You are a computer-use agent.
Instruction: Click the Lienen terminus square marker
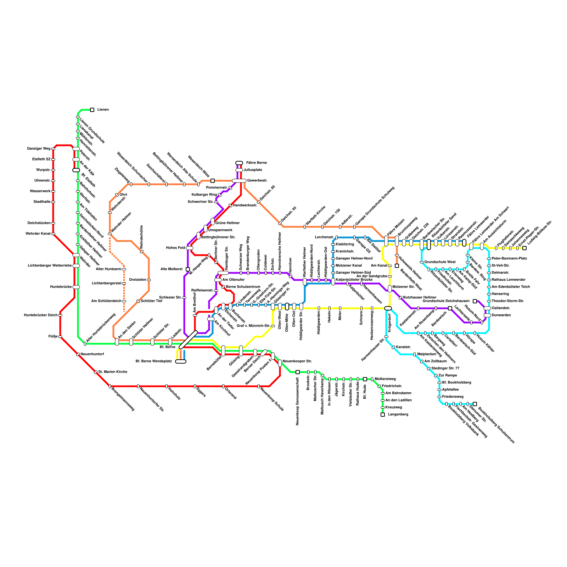92,110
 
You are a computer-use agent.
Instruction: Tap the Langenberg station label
398,414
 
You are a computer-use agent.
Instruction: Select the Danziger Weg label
39,149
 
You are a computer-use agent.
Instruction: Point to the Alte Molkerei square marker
188,269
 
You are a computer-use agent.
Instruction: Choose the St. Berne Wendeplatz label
154,361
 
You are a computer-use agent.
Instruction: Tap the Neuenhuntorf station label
92,354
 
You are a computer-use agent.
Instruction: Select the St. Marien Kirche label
113,372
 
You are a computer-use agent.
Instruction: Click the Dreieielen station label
137,280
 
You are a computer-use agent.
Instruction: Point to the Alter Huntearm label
108,269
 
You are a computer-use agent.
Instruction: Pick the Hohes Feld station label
175,248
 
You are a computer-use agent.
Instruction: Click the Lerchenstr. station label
324,237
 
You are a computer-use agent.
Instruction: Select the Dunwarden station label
501,315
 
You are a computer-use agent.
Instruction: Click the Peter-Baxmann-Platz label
509,259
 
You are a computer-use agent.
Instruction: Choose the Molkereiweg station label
385,379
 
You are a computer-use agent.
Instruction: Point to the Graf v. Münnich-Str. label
253,326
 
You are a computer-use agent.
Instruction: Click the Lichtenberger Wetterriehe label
50,265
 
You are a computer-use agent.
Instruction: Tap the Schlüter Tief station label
151,301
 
